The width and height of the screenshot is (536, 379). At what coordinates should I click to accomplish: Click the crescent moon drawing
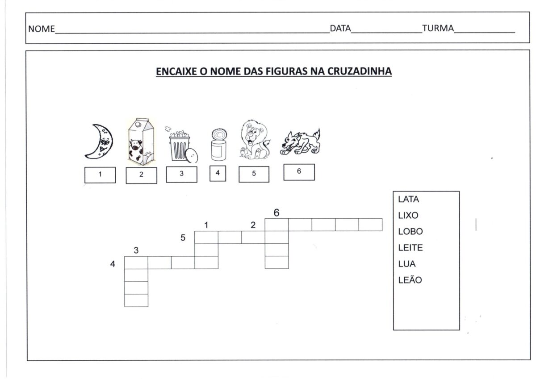[x=100, y=142]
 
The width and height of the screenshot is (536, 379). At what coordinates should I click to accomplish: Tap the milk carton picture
[x=140, y=141]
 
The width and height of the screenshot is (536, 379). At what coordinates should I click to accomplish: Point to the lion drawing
[x=253, y=140]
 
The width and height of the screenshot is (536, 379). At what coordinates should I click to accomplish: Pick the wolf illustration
[x=300, y=142]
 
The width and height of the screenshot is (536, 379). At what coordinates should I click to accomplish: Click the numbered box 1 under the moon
[x=100, y=175]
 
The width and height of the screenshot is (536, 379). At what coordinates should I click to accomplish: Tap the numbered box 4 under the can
[x=218, y=173]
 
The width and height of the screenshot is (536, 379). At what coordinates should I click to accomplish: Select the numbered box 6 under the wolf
[x=299, y=172]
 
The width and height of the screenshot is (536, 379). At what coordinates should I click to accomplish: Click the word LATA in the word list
[x=408, y=200]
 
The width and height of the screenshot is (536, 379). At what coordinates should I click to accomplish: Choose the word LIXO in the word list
[x=408, y=216]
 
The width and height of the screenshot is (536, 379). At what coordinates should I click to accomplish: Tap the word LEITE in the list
[x=410, y=248]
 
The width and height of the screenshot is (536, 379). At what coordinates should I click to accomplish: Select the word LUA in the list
[x=406, y=264]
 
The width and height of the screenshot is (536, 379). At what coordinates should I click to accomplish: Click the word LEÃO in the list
[x=410, y=280]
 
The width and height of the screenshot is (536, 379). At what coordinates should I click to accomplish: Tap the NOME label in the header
[x=41, y=30]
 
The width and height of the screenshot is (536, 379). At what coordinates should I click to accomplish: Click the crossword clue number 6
[x=276, y=213]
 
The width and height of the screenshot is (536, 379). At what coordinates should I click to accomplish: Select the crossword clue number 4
[x=113, y=264]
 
